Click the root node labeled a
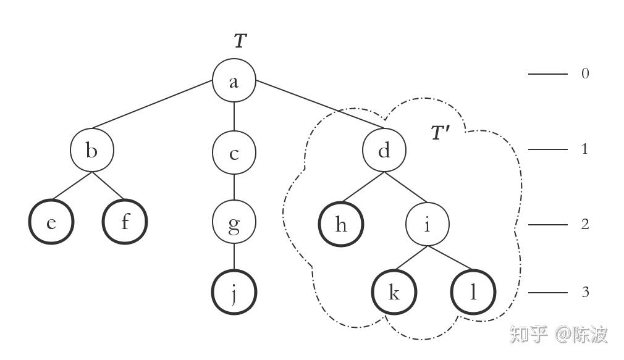[x=234, y=81]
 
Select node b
[x=92, y=150]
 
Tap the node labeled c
[x=234, y=153]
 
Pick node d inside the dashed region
[x=384, y=150]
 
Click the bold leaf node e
[x=51, y=222]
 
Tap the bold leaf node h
[x=341, y=224]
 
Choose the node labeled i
[x=427, y=225]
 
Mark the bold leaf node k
[x=394, y=292]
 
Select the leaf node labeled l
[x=473, y=292]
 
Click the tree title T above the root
[x=240, y=41]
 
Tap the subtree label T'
[x=440, y=133]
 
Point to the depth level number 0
[x=585, y=73]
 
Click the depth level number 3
[x=585, y=292]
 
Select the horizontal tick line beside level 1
[x=547, y=149]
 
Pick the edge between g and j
[x=234, y=258]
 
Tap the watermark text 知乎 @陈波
[x=559, y=334]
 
